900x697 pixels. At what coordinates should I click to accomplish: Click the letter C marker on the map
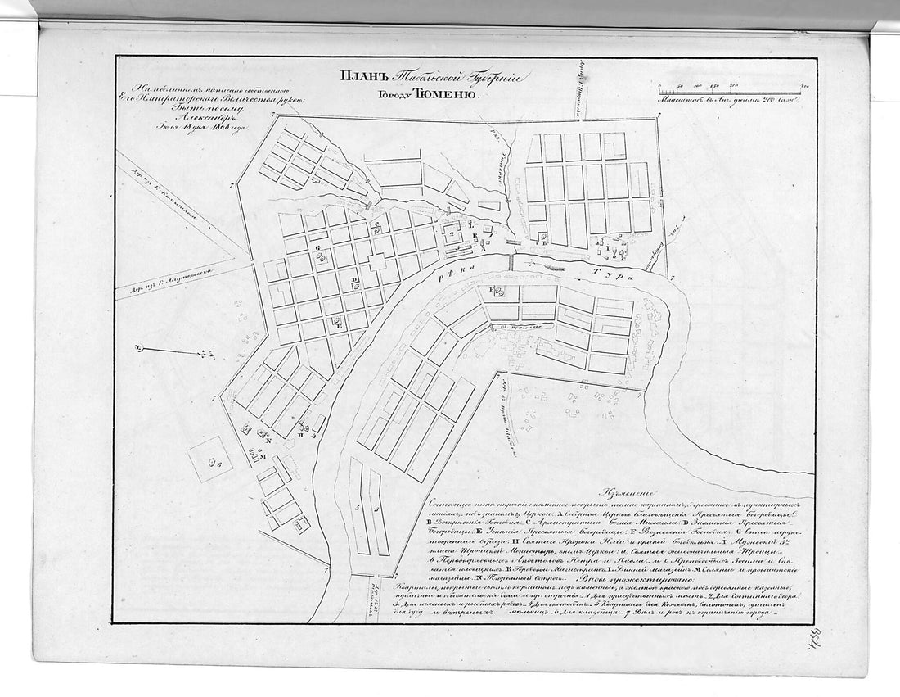tap(376, 224)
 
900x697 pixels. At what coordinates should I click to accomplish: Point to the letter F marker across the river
tap(493, 290)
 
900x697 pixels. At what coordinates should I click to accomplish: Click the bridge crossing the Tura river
tap(513, 262)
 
